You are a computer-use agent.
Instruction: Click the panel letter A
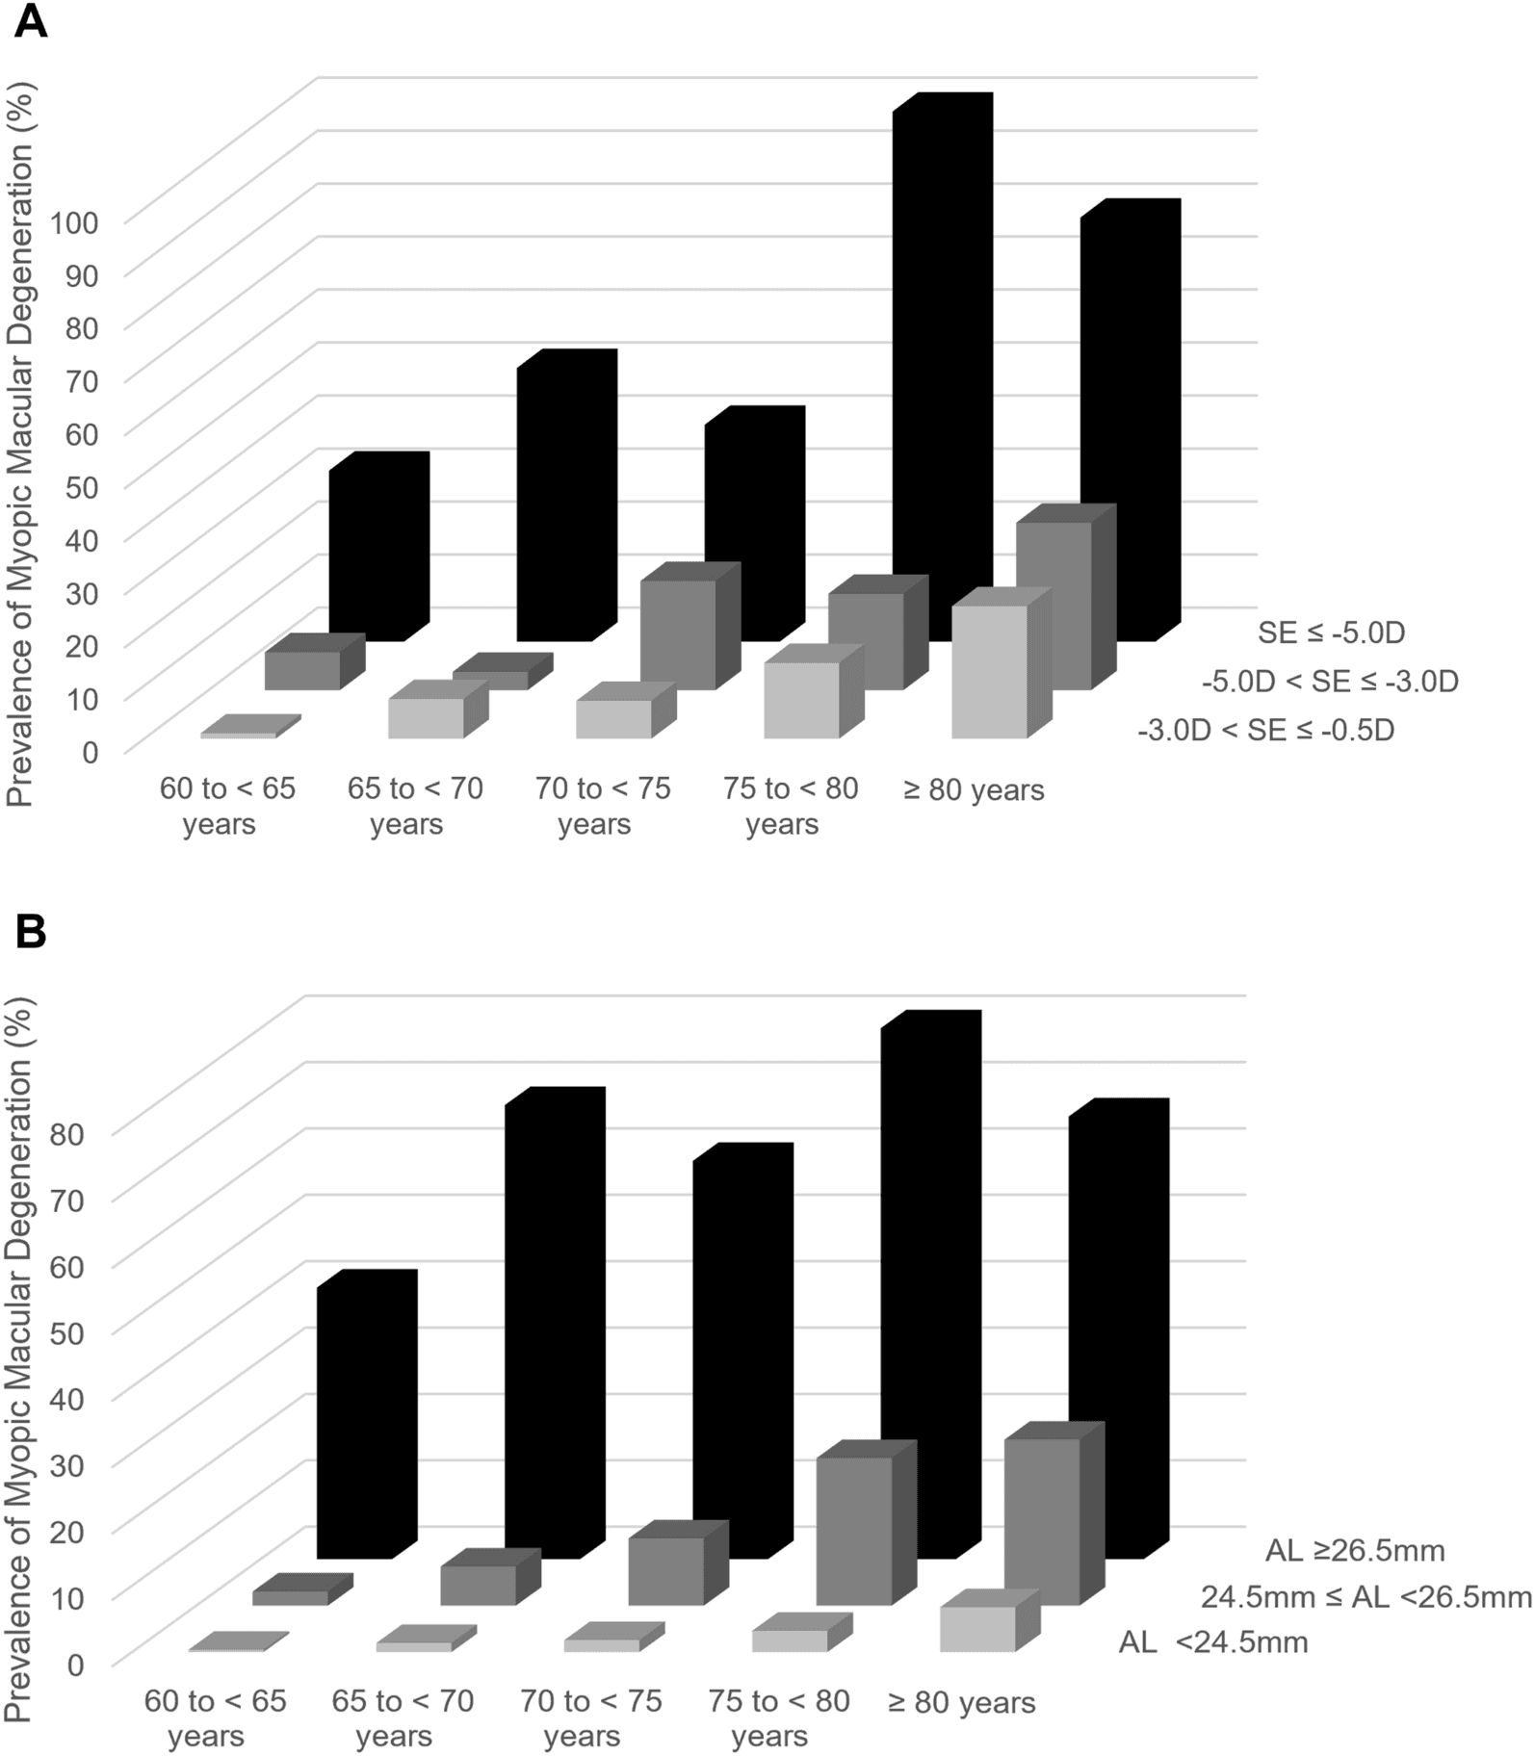point(31,20)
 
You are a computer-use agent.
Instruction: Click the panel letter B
point(30,933)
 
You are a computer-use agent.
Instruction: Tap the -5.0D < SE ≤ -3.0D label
point(1330,682)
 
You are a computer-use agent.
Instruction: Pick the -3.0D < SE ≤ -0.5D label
point(1265,731)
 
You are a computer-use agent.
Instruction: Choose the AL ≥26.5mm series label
point(1355,1550)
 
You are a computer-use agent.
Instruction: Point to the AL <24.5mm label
point(1213,1641)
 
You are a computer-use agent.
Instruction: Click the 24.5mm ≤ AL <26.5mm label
point(1366,1596)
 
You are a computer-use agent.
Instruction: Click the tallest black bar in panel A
point(943,367)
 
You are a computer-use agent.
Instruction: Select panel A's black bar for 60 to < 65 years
point(379,546)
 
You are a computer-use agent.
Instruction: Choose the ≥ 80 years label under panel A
point(974,789)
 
